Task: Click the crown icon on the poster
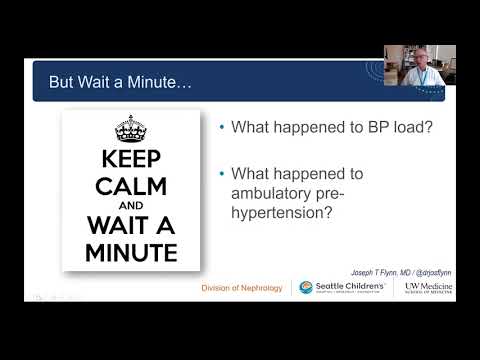(131, 129)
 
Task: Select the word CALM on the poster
(131, 187)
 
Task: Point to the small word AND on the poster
(131, 206)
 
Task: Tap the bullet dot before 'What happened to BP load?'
(221, 127)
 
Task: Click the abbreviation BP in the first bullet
(350, 127)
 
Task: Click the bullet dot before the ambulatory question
(221, 173)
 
